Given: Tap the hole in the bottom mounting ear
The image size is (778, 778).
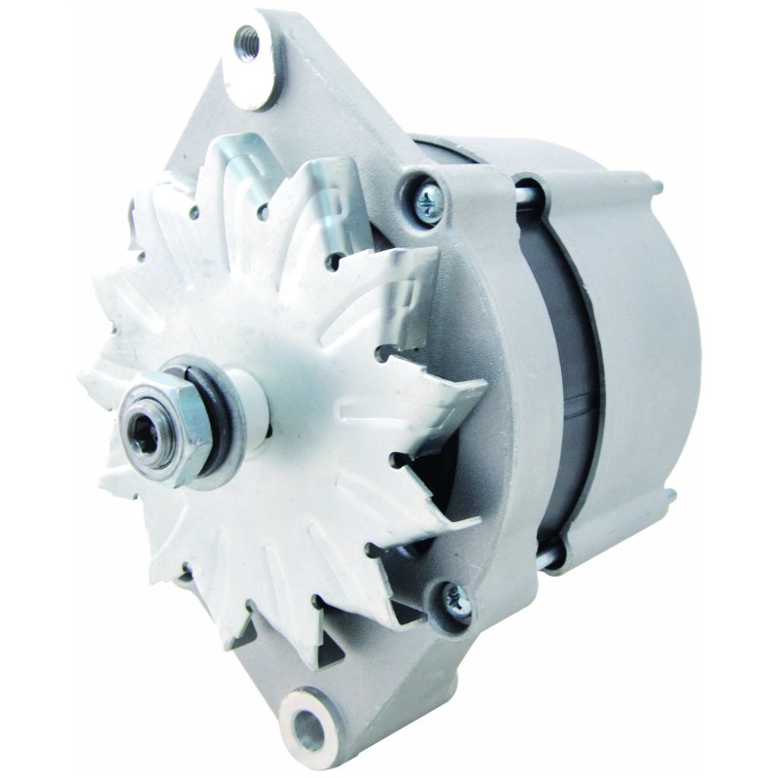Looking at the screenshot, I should (x=313, y=722).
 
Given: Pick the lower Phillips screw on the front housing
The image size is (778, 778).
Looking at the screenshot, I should (x=459, y=603).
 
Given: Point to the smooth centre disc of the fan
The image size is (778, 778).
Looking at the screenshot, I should (x=292, y=389).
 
